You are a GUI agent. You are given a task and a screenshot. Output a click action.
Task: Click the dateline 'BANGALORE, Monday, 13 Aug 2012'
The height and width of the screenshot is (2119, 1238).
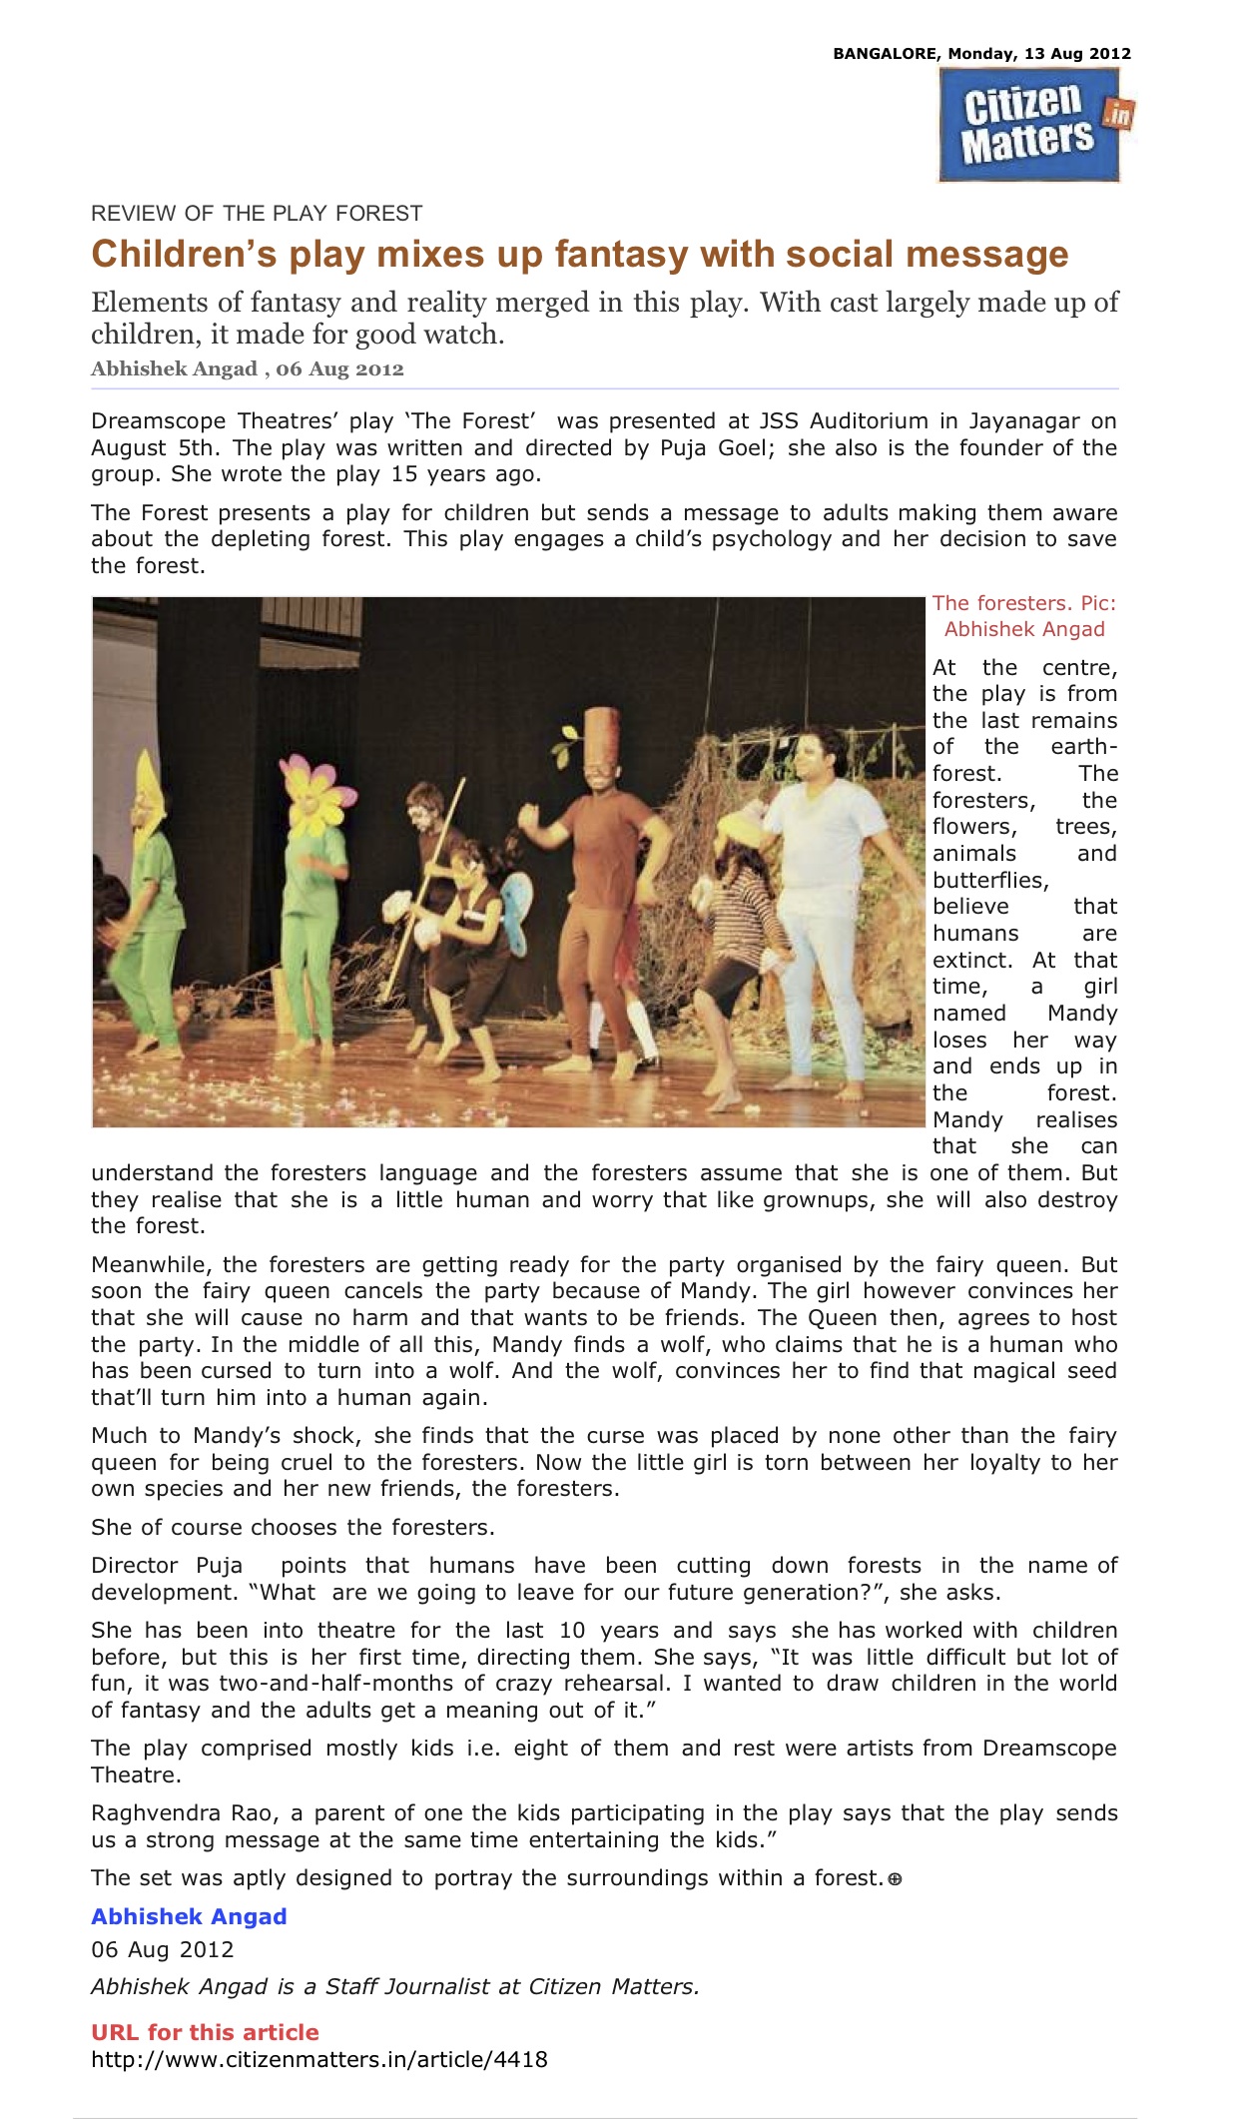click(x=981, y=54)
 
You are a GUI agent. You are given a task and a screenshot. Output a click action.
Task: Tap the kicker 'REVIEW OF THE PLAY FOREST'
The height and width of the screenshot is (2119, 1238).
click(x=257, y=213)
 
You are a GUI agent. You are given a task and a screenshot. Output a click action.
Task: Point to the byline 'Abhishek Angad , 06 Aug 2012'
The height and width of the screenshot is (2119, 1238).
click(x=247, y=368)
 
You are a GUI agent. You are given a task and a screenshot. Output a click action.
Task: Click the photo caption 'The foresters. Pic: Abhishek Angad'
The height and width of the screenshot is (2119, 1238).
click(x=1024, y=616)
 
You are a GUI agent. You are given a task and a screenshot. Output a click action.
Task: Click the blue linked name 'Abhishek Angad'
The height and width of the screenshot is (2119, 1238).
click(x=189, y=1916)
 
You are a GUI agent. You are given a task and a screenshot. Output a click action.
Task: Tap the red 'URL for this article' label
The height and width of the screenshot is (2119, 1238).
click(x=205, y=2032)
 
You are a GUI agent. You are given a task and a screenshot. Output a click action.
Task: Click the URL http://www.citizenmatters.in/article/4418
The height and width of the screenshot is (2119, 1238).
click(x=318, y=2059)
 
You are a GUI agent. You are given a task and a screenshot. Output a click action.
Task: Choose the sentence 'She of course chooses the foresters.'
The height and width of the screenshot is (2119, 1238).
click(x=293, y=1527)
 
